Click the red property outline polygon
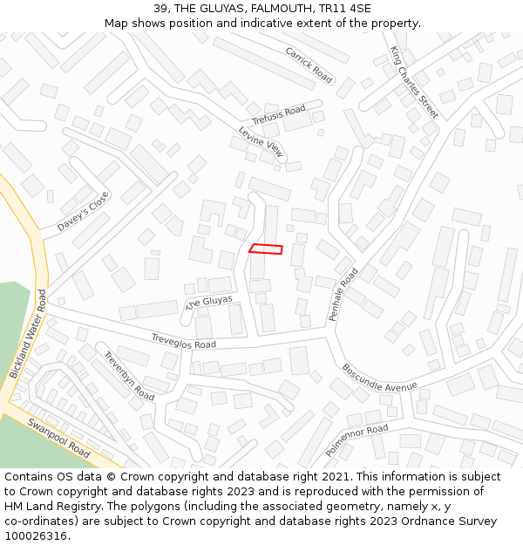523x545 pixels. pos(266,249)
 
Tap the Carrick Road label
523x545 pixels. pos(309,65)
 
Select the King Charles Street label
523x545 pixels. pos(414,82)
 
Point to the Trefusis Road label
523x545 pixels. pos(278,114)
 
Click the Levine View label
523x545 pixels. pos(261,142)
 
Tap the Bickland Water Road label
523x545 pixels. pos(27,333)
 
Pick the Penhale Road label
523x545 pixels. pos(344,295)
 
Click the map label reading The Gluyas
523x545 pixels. pos(209,303)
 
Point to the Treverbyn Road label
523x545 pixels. pos(129,376)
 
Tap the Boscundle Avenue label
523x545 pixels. pos(379,377)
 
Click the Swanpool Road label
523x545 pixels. pos(58,438)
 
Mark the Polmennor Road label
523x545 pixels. pos(357,441)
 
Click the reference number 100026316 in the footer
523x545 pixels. pos(36,535)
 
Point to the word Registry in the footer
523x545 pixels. pos(84,506)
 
